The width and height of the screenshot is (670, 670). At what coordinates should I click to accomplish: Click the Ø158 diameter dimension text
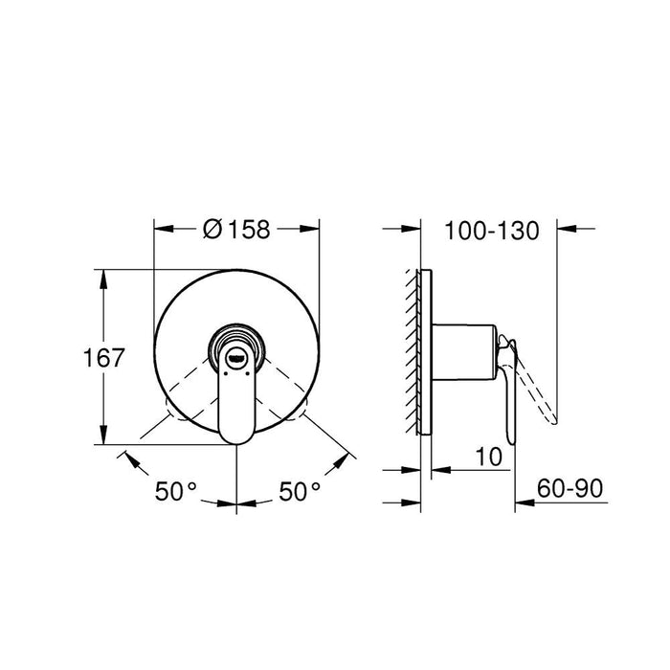pos(237,230)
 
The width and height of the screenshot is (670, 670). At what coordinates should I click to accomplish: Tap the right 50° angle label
pos(301,491)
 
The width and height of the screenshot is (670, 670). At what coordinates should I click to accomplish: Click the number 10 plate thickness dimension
pos(489,457)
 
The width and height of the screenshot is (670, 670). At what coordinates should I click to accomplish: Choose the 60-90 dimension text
pos(569,489)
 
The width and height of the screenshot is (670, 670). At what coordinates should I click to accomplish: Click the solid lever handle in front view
pos(235,402)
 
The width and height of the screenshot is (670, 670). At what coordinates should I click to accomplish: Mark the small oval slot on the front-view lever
pos(236,362)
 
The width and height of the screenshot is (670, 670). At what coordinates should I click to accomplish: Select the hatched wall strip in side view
pos(415,354)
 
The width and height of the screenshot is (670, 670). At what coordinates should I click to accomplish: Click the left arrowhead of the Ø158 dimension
pos(163,230)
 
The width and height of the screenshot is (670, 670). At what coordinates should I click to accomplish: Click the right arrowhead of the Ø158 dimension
pos(312,230)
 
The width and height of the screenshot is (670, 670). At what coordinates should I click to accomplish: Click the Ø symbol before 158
pos(212,230)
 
